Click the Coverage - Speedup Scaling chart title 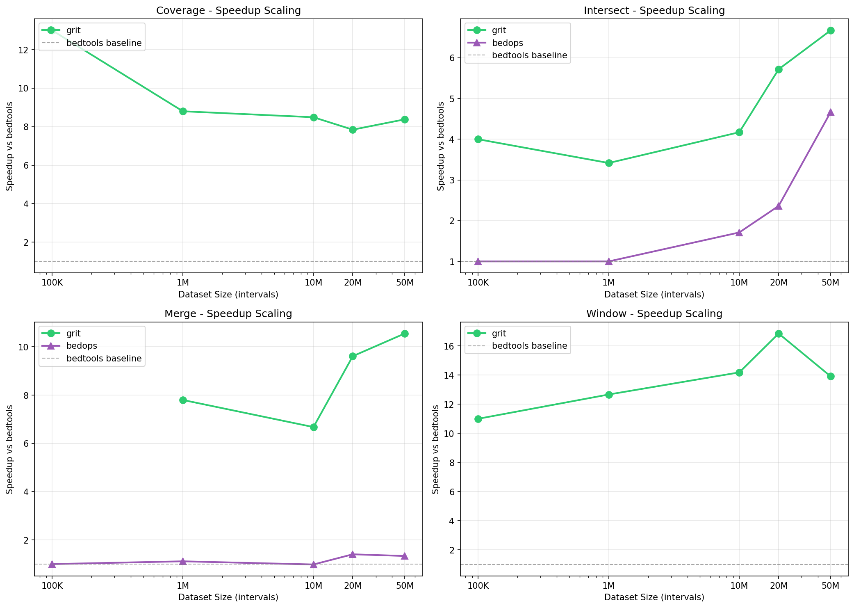click(228, 11)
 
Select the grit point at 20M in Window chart click(779, 334)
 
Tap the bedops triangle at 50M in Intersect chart click(831, 112)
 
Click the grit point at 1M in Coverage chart click(183, 111)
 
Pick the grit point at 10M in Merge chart click(314, 427)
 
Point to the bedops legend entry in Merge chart click(82, 346)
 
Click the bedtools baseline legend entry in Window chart click(529, 346)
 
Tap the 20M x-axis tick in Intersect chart click(779, 282)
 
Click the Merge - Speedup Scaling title click(228, 314)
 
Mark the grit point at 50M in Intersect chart click(831, 30)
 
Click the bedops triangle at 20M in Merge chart click(353, 554)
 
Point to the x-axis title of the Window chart click(654, 597)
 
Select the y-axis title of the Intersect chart click(441, 146)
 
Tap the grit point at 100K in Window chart click(478, 419)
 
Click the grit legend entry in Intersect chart click(499, 30)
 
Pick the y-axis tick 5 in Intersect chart click(451, 99)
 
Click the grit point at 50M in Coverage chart click(405, 119)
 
